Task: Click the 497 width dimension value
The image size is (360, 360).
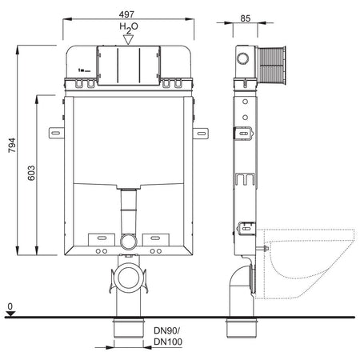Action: tap(129, 14)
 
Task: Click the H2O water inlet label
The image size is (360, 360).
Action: tap(128, 27)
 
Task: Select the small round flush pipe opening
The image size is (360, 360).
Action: tap(127, 240)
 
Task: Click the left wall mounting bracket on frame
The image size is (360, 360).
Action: tap(54, 130)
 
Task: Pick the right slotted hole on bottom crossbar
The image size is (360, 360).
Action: tap(157, 238)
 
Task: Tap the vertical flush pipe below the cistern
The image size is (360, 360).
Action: tap(127, 216)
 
